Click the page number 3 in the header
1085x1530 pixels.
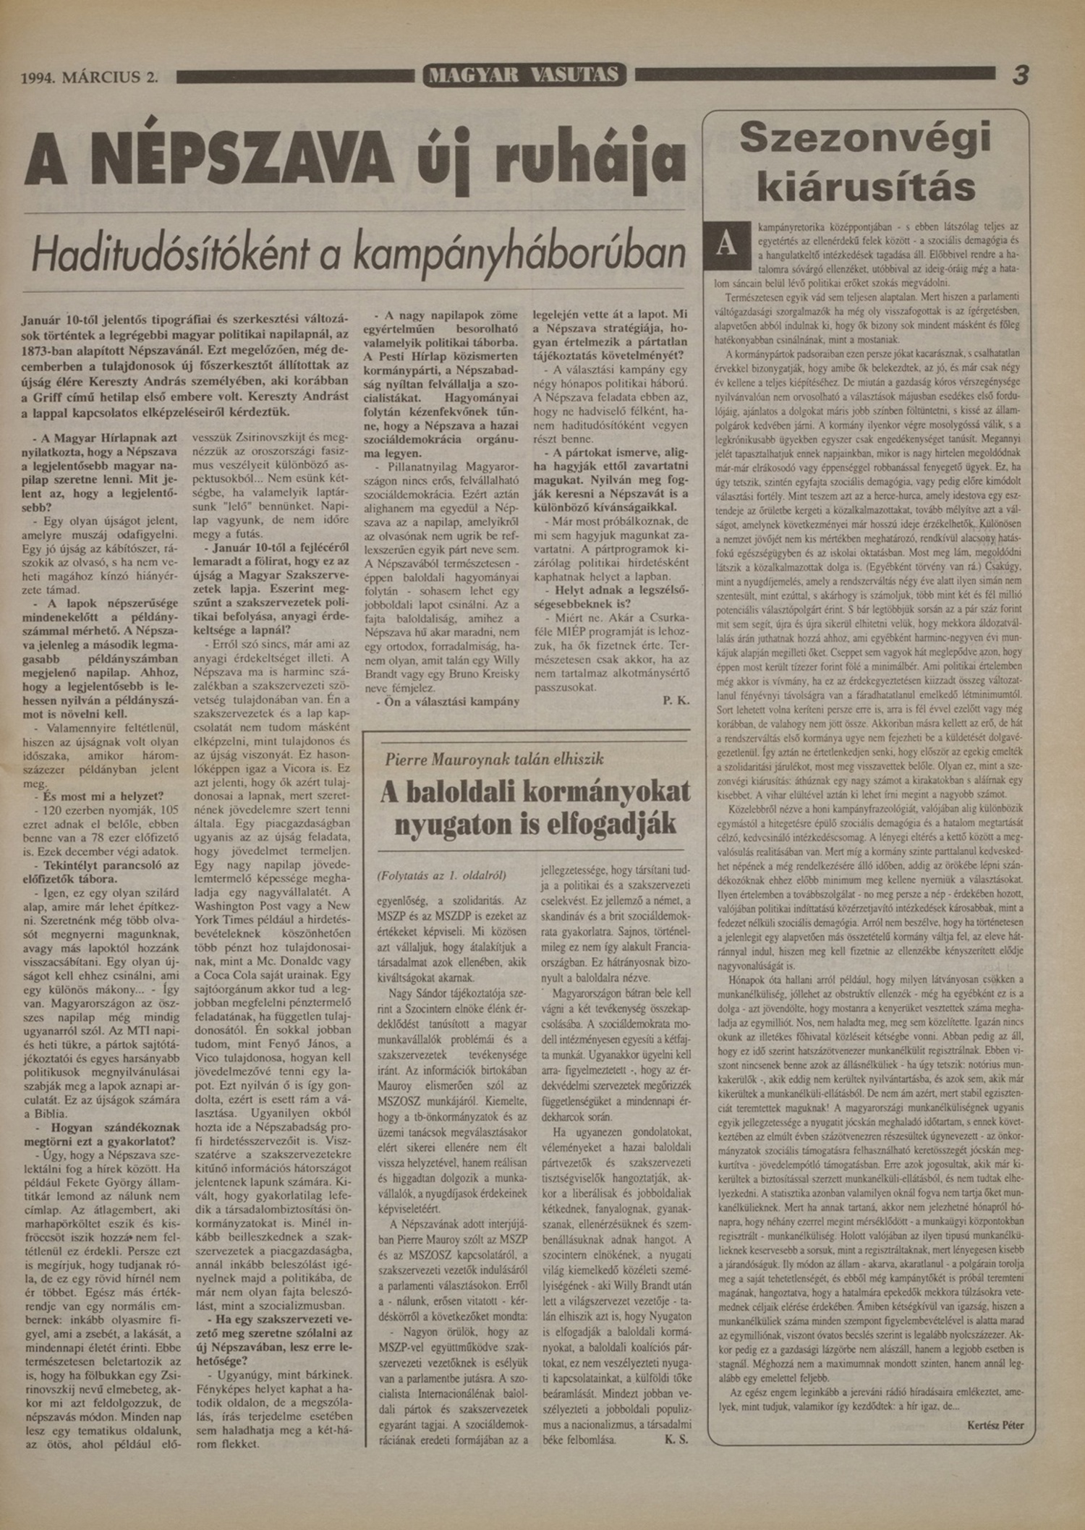click(1020, 75)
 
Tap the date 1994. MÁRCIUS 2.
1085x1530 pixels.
click(90, 77)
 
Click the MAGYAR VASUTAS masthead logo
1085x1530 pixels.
click(524, 75)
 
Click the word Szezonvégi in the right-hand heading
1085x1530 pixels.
click(865, 137)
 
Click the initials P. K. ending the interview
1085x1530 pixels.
click(676, 701)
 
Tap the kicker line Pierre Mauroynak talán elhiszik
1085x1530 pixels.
click(495, 759)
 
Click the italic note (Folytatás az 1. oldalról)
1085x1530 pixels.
click(441, 875)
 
